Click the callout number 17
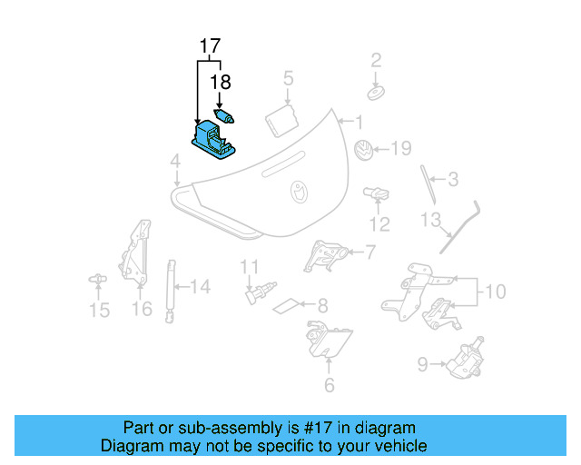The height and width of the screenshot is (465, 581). tap(210, 46)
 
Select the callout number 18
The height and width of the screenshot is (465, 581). tap(220, 82)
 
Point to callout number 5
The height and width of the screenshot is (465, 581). tap(288, 79)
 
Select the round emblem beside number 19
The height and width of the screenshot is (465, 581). tap(362, 152)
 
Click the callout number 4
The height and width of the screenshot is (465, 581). tap(174, 163)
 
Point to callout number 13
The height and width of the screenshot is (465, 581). tap(428, 220)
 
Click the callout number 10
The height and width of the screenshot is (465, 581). tap(493, 292)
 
